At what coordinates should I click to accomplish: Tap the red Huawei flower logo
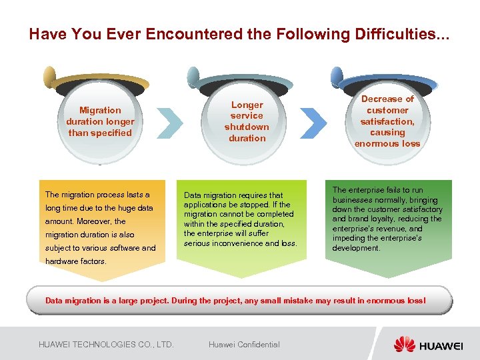(404, 344)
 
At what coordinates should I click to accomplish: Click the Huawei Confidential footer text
(244, 344)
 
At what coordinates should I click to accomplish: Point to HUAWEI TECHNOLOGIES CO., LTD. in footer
(106, 344)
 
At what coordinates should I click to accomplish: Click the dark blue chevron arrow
(313, 121)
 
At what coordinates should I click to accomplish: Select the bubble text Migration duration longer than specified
(100, 121)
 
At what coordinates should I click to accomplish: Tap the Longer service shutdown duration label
(247, 121)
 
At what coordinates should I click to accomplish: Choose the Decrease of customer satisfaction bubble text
(387, 121)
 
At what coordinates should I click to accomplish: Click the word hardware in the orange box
(62, 261)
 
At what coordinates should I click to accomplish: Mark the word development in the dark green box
(357, 248)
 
